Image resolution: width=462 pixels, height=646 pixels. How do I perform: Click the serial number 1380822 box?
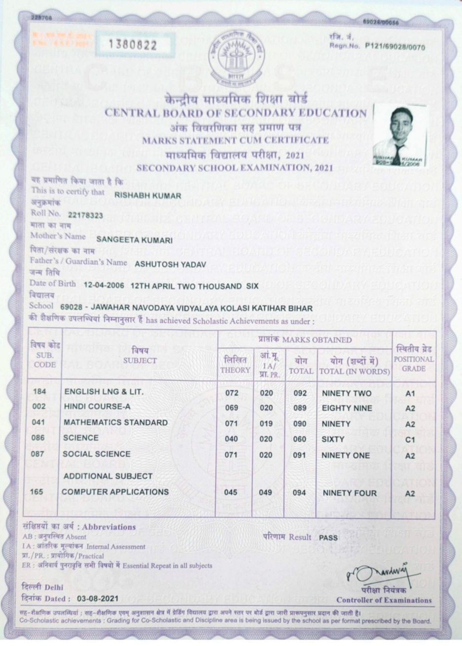(135, 45)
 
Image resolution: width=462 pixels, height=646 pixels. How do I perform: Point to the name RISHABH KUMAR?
(147, 195)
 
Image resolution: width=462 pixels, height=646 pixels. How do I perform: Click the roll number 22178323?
(86, 215)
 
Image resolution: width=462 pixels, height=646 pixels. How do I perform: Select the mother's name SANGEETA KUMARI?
(135, 240)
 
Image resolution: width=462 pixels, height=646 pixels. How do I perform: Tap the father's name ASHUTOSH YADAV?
(170, 264)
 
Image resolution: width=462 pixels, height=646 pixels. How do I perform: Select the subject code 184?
(39, 392)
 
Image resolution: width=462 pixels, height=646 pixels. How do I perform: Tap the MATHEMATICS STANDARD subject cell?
(115, 423)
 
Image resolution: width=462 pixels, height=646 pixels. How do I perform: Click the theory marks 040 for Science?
(231, 439)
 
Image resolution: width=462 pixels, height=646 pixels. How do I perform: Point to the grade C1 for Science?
(410, 440)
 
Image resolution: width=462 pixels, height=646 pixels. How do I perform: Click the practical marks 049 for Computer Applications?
(265, 492)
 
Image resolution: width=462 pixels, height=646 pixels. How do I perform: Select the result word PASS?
(328, 538)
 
